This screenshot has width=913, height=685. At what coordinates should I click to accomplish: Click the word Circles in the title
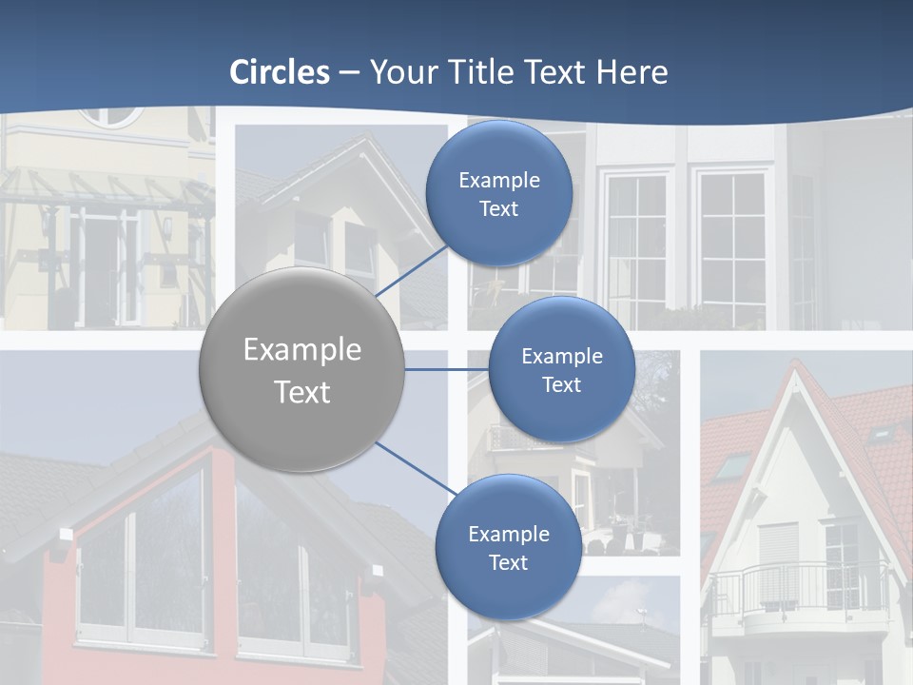[x=280, y=72]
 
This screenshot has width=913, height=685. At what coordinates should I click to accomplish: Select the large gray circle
[x=301, y=370]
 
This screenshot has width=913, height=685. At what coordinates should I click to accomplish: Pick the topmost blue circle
[x=498, y=193]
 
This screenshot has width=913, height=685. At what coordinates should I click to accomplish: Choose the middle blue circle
[x=561, y=369]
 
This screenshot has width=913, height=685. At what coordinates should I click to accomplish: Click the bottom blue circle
[x=508, y=547]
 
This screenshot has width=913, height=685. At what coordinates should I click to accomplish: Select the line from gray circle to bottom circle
[x=417, y=468]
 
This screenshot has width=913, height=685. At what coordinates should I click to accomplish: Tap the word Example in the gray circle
[x=301, y=350]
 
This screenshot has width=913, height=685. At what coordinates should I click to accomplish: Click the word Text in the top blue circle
[x=498, y=209]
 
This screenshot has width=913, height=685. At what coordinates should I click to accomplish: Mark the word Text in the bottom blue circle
[x=508, y=563]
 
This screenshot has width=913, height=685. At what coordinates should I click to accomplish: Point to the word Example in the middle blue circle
[x=561, y=357]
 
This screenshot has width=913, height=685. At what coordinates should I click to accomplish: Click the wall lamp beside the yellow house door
[x=167, y=226]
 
